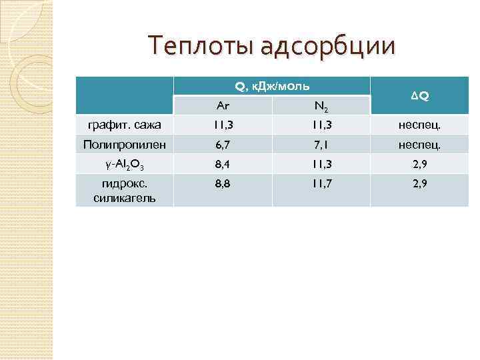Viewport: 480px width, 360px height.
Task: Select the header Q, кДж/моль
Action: [271, 86]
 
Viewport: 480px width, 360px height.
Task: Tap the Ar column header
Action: [223, 105]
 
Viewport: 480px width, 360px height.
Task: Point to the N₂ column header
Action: [321, 106]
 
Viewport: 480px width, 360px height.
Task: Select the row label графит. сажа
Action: [125, 125]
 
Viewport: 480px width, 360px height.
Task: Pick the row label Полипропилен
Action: [125, 144]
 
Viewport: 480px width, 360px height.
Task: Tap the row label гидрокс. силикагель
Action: [125, 190]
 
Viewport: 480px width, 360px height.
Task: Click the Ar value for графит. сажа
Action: [223, 125]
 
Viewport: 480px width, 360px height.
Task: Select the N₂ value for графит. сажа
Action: [321, 125]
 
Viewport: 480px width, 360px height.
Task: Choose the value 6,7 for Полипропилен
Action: [223, 144]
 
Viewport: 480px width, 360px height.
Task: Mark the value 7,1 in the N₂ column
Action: [321, 144]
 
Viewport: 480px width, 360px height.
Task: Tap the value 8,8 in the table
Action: [223, 183]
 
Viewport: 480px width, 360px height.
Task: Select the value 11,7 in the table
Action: [321, 183]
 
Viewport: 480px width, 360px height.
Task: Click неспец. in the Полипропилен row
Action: [420, 144]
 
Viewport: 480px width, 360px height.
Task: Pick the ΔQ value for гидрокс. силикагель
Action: [420, 183]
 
